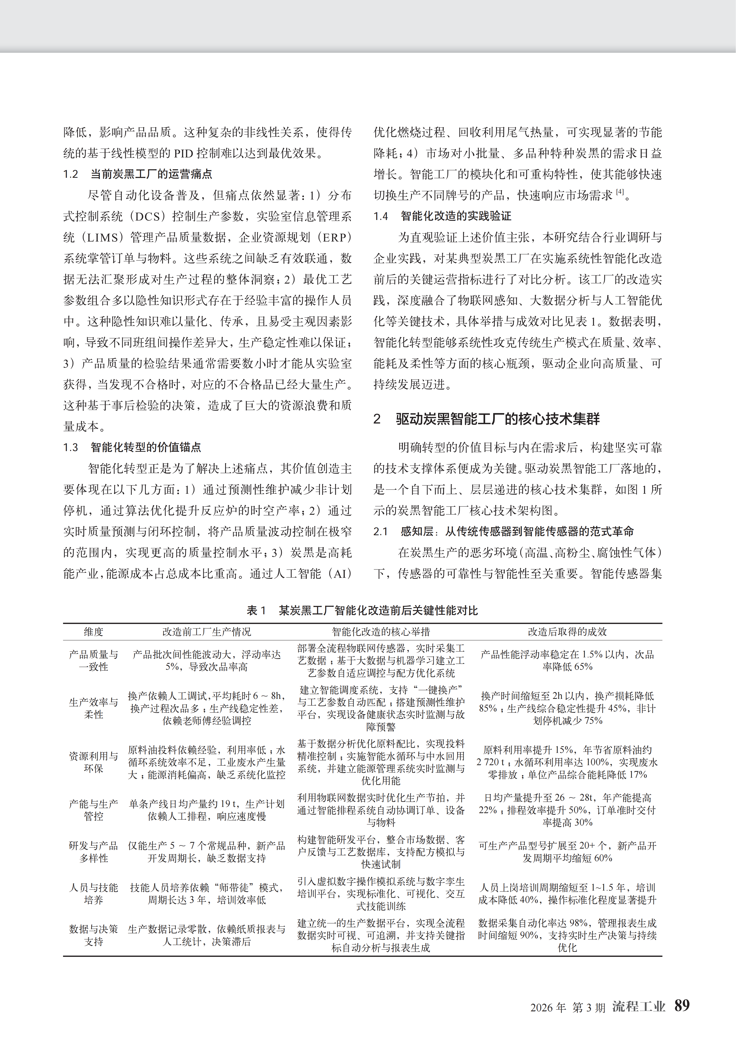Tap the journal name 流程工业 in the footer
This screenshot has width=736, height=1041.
tap(638, 1006)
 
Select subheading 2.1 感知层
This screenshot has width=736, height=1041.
tap(503, 531)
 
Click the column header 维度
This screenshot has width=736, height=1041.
tap(93, 632)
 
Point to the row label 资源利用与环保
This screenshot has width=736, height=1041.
tap(93, 762)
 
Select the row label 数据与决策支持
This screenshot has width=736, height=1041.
tap(93, 935)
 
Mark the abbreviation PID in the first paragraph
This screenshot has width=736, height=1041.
tap(184, 153)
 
